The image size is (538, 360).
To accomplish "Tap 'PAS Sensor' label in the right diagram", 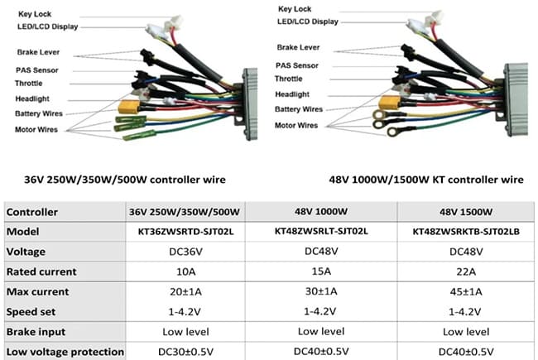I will pyautogui.click(x=297, y=65).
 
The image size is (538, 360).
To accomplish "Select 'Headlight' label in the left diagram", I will pyautogui.click(x=33, y=98).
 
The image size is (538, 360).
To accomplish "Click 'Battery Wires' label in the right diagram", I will pyautogui.click(x=299, y=108).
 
